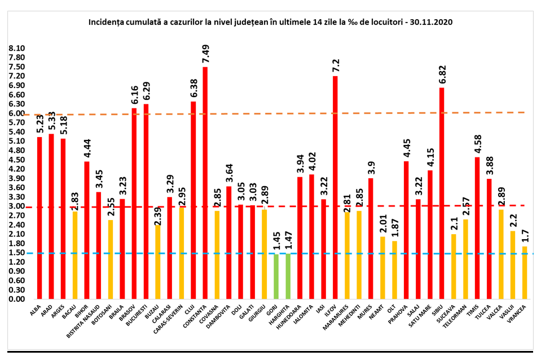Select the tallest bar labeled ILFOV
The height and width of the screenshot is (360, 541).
pos(335,187)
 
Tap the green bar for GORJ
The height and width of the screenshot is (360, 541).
pos(276,276)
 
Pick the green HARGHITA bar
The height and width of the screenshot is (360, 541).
pos(288,276)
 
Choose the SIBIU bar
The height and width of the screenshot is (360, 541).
pos(442,192)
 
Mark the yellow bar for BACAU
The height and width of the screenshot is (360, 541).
pos(75,254)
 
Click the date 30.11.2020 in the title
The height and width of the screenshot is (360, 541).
pos(432,23)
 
